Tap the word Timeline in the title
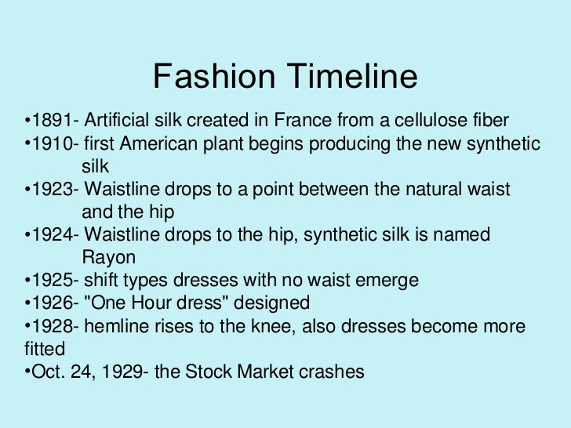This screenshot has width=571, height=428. [347, 76]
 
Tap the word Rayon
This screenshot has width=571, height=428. [108, 258]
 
